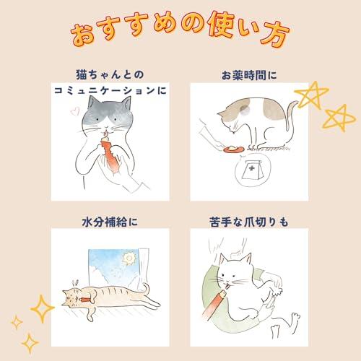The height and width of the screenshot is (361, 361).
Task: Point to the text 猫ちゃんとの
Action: [x=112, y=74]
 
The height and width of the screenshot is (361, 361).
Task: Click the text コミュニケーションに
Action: [x=112, y=92]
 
